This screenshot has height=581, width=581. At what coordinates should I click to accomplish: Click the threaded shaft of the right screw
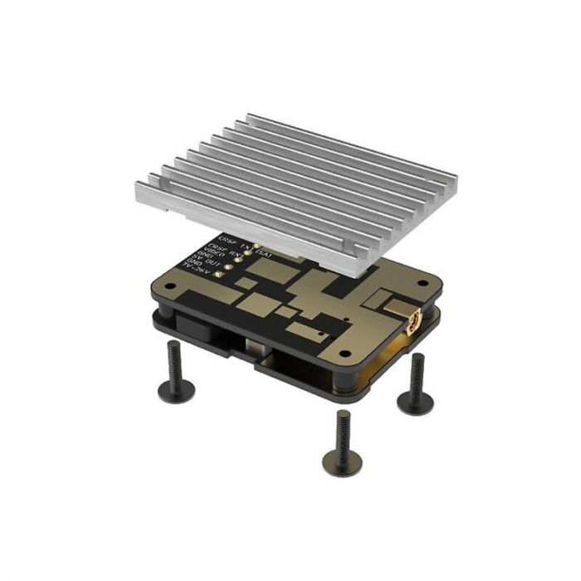pos(415,375)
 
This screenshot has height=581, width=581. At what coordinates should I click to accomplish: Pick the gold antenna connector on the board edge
pos(413,320)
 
